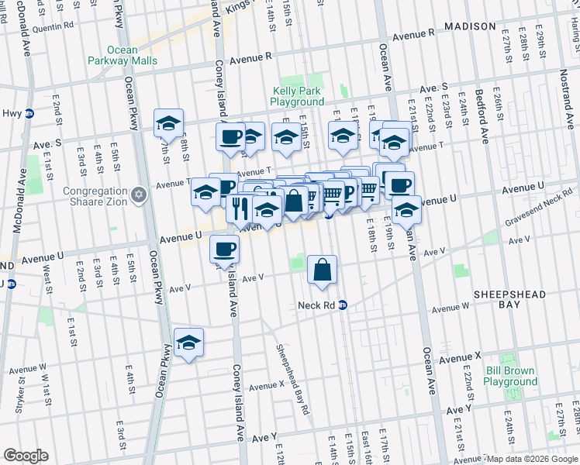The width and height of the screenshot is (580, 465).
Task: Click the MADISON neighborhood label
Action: click(x=470, y=26)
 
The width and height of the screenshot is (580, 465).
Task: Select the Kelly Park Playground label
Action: click(x=298, y=96)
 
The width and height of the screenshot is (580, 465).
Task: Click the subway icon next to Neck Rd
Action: click(x=342, y=305)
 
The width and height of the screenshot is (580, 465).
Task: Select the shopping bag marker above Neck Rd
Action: click(x=322, y=270)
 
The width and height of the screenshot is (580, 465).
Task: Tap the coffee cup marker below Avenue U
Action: click(x=225, y=249)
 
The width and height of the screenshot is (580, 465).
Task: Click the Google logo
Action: click(x=26, y=456)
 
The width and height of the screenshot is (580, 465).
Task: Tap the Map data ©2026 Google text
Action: click(x=531, y=459)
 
